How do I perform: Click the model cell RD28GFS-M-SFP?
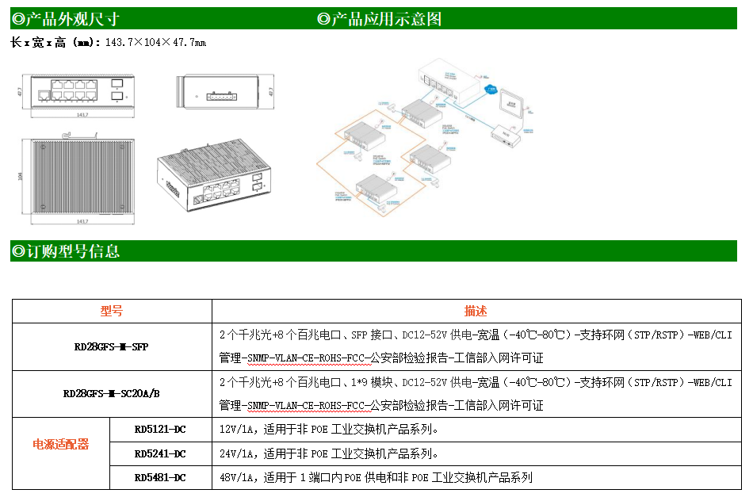coord(111,346)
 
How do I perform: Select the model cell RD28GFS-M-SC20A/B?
coord(111,393)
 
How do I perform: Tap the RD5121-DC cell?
coord(160,430)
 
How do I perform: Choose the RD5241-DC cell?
coord(160,453)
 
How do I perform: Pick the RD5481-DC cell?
coord(160,477)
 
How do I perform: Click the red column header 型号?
coord(112,312)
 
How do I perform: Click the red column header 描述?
coord(476,312)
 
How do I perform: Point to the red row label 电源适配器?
coord(60,444)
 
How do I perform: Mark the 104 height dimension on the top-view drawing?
coord(20,176)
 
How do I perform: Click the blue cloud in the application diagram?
coord(491,88)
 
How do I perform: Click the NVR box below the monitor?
coord(505,136)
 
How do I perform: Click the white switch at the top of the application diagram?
coord(450,79)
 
